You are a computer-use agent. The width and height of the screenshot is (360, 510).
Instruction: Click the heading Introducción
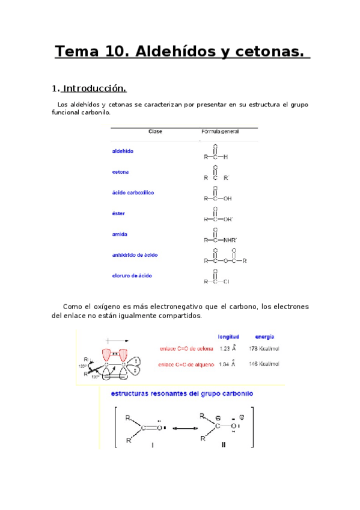pyautogui.click(x=94, y=88)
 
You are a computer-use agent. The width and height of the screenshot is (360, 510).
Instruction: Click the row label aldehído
pyautogui.click(x=123, y=151)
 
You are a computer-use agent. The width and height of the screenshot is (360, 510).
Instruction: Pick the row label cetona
pyautogui.click(x=120, y=172)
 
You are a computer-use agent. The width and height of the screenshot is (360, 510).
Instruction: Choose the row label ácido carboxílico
pyautogui.click(x=133, y=192)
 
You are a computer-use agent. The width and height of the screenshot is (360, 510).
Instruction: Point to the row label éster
pyautogui.click(x=118, y=214)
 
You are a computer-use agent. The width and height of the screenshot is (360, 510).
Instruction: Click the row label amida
pyautogui.click(x=120, y=234)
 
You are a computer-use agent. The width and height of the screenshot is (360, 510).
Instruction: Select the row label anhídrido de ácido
pyautogui.click(x=135, y=255)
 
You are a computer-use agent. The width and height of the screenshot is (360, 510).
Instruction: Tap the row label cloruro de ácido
pyautogui.click(x=132, y=275)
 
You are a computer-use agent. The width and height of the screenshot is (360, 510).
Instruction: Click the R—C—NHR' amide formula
pyautogui.click(x=220, y=240)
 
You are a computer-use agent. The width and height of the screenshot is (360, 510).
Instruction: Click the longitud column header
pyautogui.click(x=228, y=337)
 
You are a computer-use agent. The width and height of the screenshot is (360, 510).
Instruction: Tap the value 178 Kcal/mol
pyautogui.click(x=264, y=349)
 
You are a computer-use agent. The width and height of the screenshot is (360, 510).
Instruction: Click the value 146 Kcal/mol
pyautogui.click(x=264, y=364)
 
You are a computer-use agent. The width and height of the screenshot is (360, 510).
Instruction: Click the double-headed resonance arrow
pyautogui.click(x=182, y=428)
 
